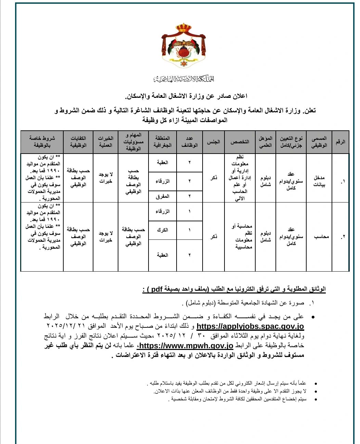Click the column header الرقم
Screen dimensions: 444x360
click(x=340, y=142)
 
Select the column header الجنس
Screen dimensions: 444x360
click(x=214, y=142)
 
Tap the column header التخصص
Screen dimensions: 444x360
click(x=240, y=142)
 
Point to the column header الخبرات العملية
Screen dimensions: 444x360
click(x=105, y=142)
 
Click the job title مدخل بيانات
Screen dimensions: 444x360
click(x=319, y=181)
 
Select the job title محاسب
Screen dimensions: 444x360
click(x=321, y=236)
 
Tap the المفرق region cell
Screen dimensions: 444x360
click(x=163, y=196)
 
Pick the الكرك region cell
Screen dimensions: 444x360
click(x=163, y=230)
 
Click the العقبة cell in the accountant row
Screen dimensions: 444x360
click(x=163, y=255)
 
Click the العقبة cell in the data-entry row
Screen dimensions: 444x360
click(x=163, y=162)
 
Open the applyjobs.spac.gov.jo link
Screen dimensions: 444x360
click(x=250, y=326)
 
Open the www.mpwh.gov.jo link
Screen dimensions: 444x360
click(x=186, y=346)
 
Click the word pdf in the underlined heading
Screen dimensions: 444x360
click(x=156, y=289)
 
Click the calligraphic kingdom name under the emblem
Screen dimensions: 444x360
click(x=183, y=79)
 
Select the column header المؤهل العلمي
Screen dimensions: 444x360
click(x=266, y=142)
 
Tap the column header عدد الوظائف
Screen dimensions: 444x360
click(x=189, y=142)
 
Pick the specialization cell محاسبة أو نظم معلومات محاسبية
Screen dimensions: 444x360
click(x=242, y=236)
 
